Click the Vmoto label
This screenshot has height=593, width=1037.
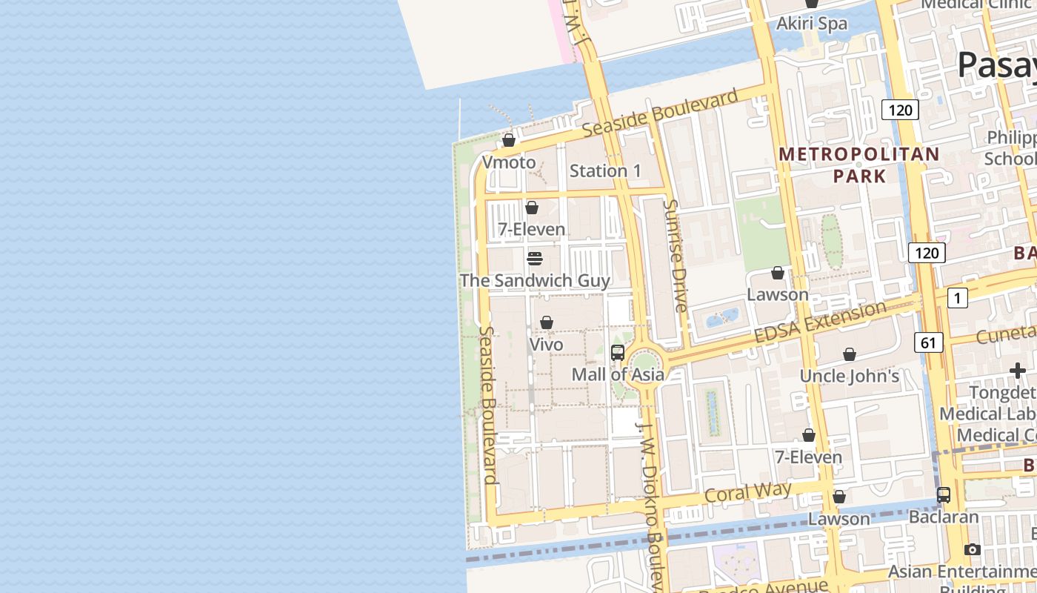pyautogui.click(x=508, y=162)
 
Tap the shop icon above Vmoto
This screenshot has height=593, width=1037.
pyautogui.click(x=509, y=140)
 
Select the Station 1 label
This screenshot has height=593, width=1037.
pyautogui.click(x=605, y=170)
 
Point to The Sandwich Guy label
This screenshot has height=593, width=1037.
pyautogui.click(x=535, y=280)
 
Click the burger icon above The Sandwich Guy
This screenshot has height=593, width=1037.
pyautogui.click(x=535, y=259)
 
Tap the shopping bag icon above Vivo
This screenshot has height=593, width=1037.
pyautogui.click(x=547, y=322)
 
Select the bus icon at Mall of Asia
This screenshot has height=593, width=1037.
pyautogui.click(x=618, y=353)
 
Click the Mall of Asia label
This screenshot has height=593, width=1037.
pyautogui.click(x=618, y=374)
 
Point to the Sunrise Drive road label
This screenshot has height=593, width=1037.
pyautogui.click(x=676, y=255)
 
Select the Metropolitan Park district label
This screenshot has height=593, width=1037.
pyautogui.click(x=859, y=165)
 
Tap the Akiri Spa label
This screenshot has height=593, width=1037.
pyautogui.click(x=811, y=24)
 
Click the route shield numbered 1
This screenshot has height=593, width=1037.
pyautogui.click(x=957, y=298)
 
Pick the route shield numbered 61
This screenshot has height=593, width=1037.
pyautogui.click(x=928, y=342)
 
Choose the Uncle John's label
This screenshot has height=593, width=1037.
pyautogui.click(x=849, y=376)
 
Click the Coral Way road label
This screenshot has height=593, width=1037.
pyautogui.click(x=747, y=492)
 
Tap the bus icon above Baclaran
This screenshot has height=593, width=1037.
pyautogui.click(x=944, y=495)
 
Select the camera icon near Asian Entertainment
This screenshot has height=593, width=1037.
pyautogui.click(x=973, y=549)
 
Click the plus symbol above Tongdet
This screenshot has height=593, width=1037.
pyautogui.click(x=1017, y=371)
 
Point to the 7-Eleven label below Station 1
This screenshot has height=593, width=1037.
pyautogui.click(x=531, y=229)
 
